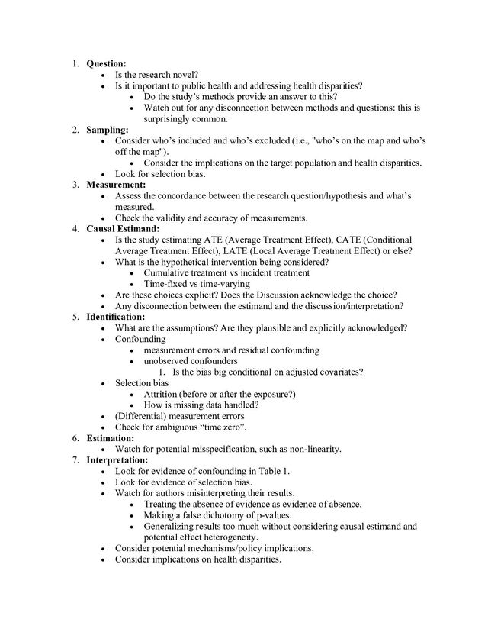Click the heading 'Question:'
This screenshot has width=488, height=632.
pyautogui.click(x=107, y=63)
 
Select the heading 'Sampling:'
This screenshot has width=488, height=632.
pyautogui.click(x=108, y=131)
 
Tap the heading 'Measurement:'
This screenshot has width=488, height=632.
pyautogui.click(x=116, y=185)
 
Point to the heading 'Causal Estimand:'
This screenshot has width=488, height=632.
pyautogui.click(x=123, y=228)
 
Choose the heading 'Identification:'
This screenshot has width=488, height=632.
pyautogui.click(x=116, y=316)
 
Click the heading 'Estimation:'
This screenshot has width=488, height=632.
pyautogui.click(x=111, y=439)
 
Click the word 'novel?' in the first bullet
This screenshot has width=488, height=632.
pyautogui.click(x=183, y=75)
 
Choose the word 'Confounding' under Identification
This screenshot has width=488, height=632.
pyautogui.click(x=140, y=338)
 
